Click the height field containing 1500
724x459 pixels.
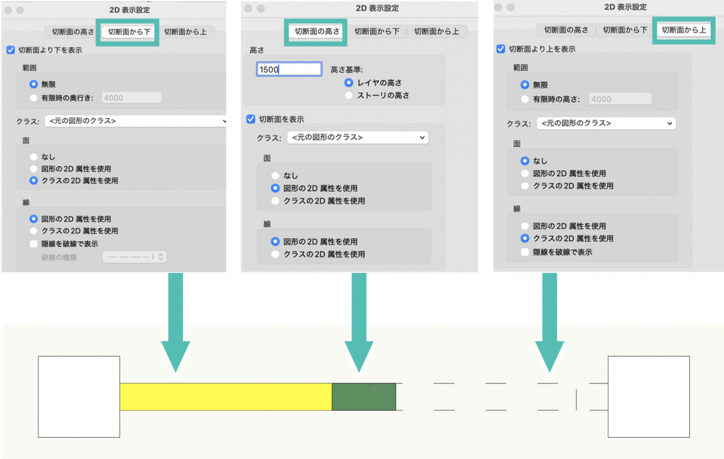(288, 69)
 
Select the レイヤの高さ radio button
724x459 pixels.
(349, 82)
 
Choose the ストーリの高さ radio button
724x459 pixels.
(349, 95)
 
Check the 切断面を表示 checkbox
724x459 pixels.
(250, 119)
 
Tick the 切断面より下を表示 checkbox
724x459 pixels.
(10, 50)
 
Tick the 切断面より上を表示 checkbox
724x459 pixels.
(501, 49)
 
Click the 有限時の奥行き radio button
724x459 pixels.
(34, 98)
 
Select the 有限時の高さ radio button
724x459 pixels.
(525, 100)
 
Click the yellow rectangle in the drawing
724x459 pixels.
(225, 396)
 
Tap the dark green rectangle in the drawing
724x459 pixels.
(363, 396)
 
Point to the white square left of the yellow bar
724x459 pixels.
(78, 397)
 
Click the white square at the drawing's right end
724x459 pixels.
(648, 396)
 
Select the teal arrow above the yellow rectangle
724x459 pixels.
(175, 318)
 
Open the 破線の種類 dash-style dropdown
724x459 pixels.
(135, 257)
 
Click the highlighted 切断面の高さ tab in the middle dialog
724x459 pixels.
(317, 32)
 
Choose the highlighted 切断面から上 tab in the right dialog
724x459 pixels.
(683, 30)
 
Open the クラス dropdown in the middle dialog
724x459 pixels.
(358, 137)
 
